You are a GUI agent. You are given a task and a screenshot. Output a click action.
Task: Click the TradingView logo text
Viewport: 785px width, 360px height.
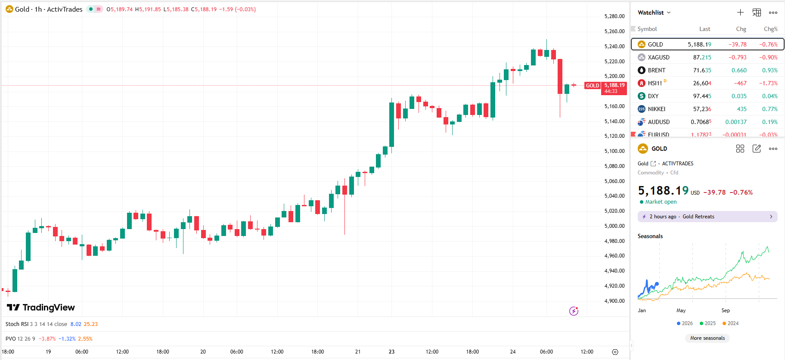(x=48, y=307)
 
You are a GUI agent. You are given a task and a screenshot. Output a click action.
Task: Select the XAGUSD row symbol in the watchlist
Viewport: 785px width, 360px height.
(x=658, y=57)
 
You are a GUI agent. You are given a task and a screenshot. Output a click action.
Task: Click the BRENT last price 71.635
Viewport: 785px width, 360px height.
(x=702, y=70)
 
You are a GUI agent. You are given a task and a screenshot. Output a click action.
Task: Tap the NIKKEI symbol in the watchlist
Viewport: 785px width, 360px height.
(x=656, y=109)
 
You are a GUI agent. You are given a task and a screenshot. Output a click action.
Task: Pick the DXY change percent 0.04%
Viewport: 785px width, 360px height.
(x=769, y=96)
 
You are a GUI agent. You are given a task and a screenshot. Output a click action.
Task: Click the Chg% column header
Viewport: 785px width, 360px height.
(x=770, y=29)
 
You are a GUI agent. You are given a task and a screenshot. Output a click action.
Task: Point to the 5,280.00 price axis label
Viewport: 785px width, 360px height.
(x=614, y=16)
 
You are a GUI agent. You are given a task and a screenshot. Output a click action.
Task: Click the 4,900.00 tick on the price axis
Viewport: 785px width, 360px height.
(x=614, y=301)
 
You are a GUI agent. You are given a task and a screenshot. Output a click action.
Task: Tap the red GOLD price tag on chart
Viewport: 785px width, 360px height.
(x=593, y=86)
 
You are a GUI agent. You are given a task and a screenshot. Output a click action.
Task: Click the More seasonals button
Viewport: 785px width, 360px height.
(x=707, y=338)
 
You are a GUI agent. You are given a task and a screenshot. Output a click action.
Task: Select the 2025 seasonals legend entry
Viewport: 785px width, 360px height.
(x=708, y=323)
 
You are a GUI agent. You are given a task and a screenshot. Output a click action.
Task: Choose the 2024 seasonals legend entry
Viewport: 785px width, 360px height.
(x=731, y=323)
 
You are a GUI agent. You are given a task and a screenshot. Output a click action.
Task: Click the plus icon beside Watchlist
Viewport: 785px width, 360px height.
(x=740, y=12)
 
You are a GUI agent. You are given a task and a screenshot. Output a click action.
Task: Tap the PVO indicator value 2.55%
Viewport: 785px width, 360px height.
(x=85, y=339)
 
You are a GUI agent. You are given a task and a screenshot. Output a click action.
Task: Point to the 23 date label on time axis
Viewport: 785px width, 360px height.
(x=391, y=352)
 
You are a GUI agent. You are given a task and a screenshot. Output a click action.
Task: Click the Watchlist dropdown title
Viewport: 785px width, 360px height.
(x=654, y=12)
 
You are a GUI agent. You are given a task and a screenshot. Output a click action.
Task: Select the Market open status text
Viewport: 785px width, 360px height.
(x=661, y=202)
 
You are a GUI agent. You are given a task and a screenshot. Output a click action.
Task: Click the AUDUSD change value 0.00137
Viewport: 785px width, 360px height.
(x=736, y=122)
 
